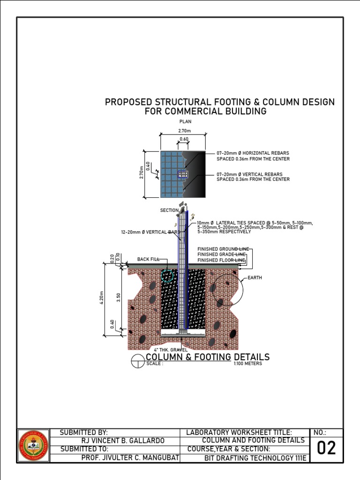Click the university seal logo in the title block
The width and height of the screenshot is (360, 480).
pyautogui.click(x=33, y=445)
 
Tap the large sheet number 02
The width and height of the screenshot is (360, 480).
pyautogui.click(x=326, y=449)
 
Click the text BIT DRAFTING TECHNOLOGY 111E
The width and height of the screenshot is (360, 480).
pyautogui.click(x=255, y=458)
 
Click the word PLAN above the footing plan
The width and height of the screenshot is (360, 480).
pyautogui.click(x=186, y=121)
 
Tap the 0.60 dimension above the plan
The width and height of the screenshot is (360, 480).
pyautogui.click(x=184, y=139)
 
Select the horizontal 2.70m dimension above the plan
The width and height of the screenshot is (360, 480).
pyautogui.click(x=183, y=132)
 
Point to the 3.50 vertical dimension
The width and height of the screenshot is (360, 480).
pyautogui.click(x=119, y=298)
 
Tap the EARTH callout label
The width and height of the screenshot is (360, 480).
pyautogui.click(x=255, y=278)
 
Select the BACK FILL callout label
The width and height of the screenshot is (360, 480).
pyautogui.click(x=149, y=259)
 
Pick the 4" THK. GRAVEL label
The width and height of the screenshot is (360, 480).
pyautogui.click(x=171, y=350)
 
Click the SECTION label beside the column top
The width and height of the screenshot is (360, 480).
pyautogui.click(x=169, y=210)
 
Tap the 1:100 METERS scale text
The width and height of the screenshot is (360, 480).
pyautogui.click(x=247, y=364)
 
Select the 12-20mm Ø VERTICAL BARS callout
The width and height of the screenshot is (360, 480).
pyautogui.click(x=150, y=232)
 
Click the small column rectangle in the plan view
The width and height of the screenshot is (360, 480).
pyautogui.click(x=183, y=174)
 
